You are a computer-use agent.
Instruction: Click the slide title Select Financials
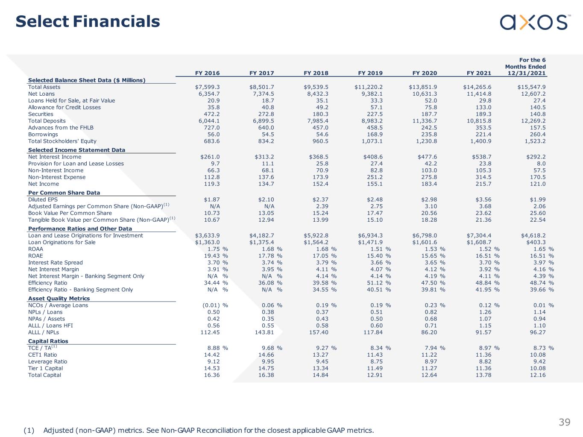pyautogui.click(x=88, y=21)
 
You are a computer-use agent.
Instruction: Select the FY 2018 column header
pyautogui.click(x=316, y=73)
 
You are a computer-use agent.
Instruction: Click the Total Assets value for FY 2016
pyautogui.click(x=207, y=87)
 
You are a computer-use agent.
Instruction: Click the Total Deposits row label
pyautogui.click(x=47, y=121)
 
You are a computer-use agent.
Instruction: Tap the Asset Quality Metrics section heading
pyautogui.click(x=59, y=299)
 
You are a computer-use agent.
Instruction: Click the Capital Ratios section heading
pyautogui.click(x=48, y=341)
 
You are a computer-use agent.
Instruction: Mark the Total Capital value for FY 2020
pyautogui.click(x=429, y=375)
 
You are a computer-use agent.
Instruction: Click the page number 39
pyautogui.click(x=565, y=422)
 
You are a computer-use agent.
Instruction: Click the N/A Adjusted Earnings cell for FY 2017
pyautogui.click(x=269, y=206)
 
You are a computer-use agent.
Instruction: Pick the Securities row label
pyautogui.click(x=41, y=114)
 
